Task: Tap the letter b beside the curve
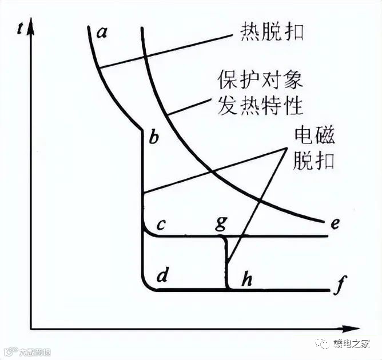tap(153, 138)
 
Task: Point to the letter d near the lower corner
tap(162, 277)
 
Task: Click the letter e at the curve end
tap(335, 223)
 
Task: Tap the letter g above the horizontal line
tap(221, 223)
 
